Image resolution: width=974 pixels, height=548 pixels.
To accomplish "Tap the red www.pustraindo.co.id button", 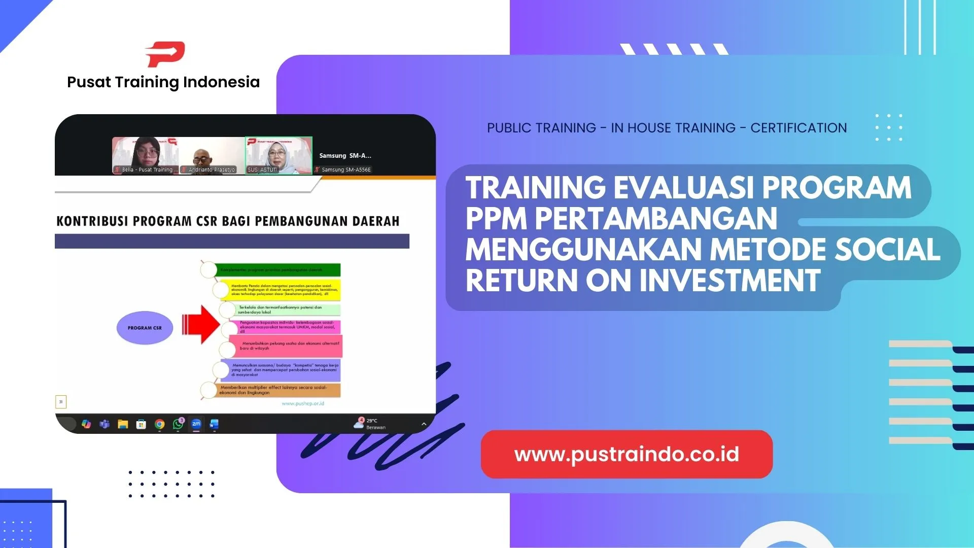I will tap(627, 454).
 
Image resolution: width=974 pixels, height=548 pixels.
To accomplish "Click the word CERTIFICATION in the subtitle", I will tap(798, 128).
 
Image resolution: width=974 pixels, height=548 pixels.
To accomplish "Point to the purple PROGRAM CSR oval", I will tap(145, 328).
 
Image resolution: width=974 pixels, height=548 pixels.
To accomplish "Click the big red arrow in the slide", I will tap(201, 325).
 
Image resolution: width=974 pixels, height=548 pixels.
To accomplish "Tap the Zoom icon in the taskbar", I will tap(196, 424).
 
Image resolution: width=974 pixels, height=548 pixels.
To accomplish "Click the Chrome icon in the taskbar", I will tap(160, 424).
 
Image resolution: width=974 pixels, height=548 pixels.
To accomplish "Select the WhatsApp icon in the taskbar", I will tap(178, 424).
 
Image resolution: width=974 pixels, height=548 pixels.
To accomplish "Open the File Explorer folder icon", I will tap(123, 424).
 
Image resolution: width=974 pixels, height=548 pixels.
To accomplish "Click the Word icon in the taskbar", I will tap(214, 424).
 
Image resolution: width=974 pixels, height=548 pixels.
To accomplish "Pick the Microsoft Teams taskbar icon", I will tap(105, 424).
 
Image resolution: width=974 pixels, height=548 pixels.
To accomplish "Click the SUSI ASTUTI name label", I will tap(262, 169).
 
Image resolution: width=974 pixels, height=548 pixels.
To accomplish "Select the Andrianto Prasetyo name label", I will tap(212, 169).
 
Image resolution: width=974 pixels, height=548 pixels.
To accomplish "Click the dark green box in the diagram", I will tap(278, 270).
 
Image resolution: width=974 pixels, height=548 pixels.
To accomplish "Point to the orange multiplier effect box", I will tap(279, 390).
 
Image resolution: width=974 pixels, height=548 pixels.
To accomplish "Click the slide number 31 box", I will tap(61, 402).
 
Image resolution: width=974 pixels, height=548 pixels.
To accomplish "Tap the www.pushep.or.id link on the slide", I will tap(303, 403).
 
